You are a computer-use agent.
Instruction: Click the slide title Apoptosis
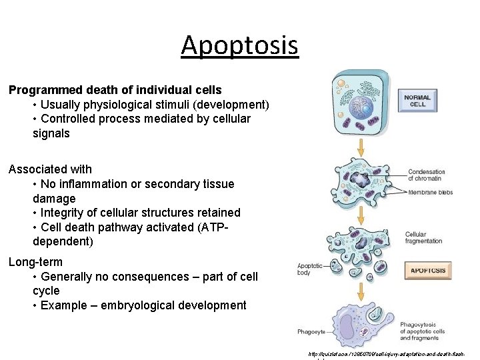click(x=239, y=45)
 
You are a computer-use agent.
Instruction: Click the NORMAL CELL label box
click(x=417, y=101)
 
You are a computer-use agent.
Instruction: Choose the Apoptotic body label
click(x=310, y=269)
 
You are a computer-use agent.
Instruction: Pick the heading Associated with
click(x=50, y=169)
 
